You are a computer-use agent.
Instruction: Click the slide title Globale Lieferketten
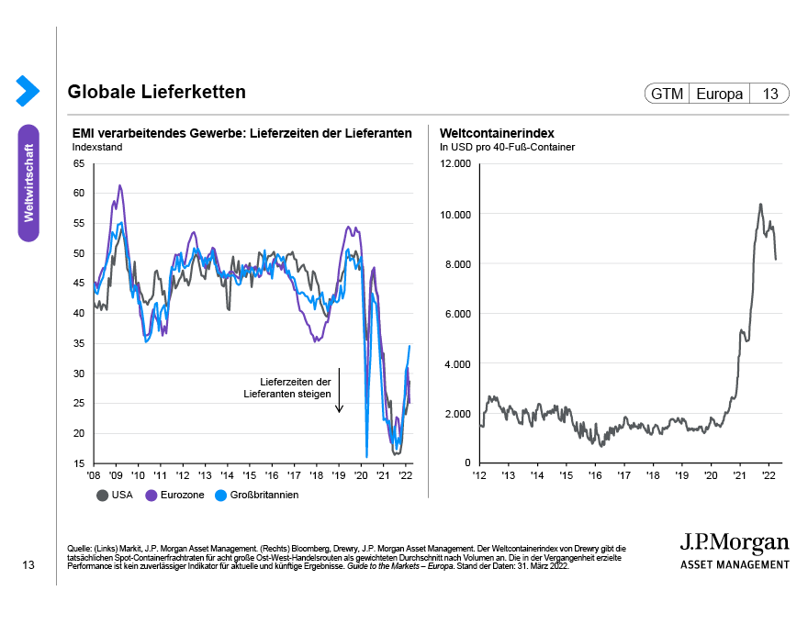click(156, 93)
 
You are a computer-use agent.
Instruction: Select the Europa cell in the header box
click(719, 94)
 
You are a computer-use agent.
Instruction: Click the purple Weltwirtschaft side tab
click(28, 183)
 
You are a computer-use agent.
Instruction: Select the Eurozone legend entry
click(177, 495)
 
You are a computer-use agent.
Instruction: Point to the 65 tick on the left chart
click(78, 163)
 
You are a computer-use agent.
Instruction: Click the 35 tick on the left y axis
click(78, 343)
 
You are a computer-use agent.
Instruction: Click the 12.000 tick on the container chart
click(454, 163)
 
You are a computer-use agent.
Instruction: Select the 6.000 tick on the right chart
click(456, 313)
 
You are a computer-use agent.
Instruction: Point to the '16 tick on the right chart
click(595, 475)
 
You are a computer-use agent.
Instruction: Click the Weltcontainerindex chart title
click(497, 133)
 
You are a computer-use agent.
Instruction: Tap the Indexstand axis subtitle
click(96, 146)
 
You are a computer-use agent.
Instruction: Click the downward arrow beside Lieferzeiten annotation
click(339, 390)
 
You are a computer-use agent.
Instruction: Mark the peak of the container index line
click(760, 204)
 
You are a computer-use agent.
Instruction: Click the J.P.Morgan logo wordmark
click(734, 541)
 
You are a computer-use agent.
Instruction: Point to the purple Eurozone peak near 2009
click(119, 185)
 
